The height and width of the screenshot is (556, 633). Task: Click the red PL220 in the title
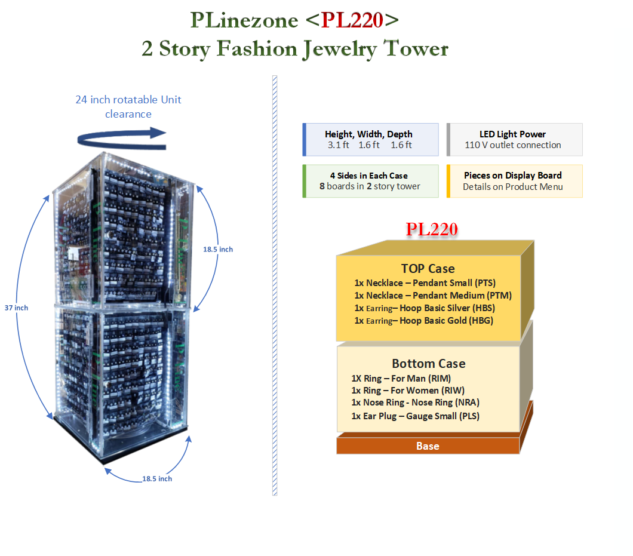tap(352, 20)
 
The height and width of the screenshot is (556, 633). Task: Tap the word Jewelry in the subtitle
tap(340, 48)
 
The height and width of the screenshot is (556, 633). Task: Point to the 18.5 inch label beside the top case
tap(217, 249)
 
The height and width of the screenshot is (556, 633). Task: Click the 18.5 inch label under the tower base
tap(156, 478)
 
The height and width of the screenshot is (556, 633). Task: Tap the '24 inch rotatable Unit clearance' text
tap(128, 106)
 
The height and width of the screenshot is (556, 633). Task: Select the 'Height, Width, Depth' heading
tap(368, 134)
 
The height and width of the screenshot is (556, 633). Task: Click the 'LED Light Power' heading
tap(512, 134)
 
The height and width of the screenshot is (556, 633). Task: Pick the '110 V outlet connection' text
tap(512, 145)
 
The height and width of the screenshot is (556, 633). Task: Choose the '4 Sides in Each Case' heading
tap(368, 176)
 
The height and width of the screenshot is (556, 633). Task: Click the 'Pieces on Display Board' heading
tap(512, 176)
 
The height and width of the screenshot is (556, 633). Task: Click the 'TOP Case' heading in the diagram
tap(428, 269)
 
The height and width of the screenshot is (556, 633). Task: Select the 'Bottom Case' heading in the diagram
tap(428, 364)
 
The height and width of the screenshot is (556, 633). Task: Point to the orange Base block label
tap(428, 446)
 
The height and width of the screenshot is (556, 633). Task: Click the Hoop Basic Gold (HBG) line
tap(425, 321)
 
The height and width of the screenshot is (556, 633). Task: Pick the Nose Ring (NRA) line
tap(415, 403)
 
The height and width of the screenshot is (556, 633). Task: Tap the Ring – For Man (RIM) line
tap(401, 378)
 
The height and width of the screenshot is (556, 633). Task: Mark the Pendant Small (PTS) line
tap(425, 283)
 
